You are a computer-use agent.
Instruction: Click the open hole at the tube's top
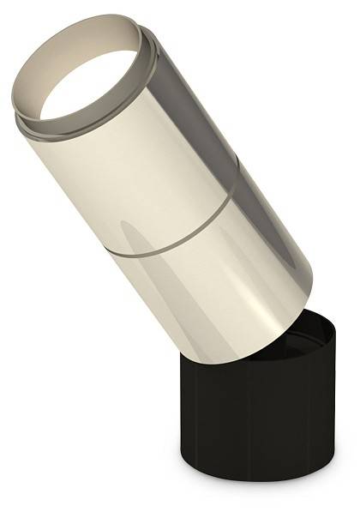[x=90, y=86]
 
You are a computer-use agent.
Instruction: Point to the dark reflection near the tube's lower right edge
[x=287, y=266]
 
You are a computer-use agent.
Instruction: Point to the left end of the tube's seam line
[x=110, y=250]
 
